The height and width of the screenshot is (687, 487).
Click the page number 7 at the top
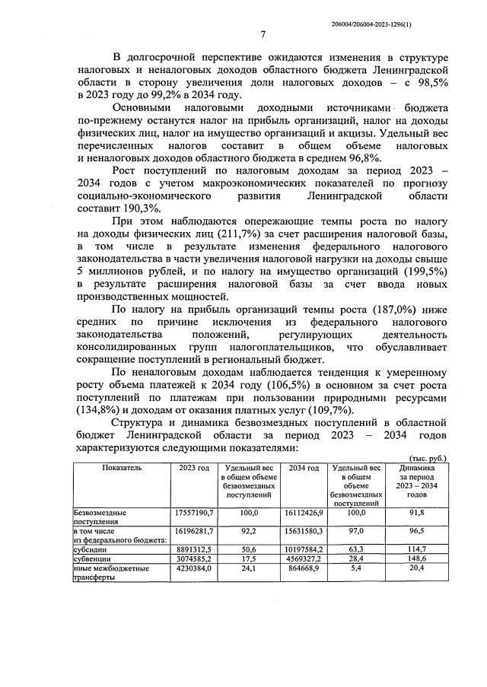(263, 34)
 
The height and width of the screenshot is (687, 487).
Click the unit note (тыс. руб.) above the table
(428, 458)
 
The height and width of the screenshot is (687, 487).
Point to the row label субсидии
(90, 547)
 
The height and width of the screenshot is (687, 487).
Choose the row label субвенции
(91, 557)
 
